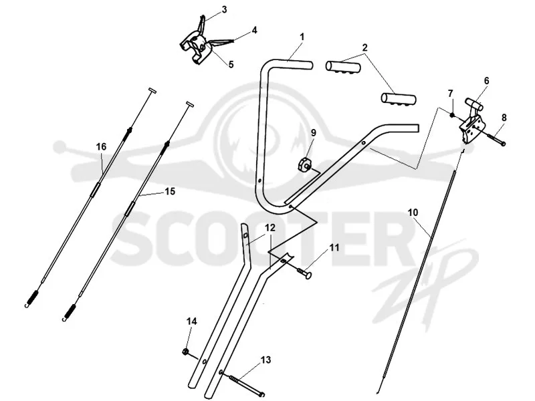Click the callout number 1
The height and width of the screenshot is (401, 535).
302,37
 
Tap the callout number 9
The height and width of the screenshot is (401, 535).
313,132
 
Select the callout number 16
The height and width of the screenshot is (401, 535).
101,146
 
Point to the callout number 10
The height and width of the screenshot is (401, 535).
413,213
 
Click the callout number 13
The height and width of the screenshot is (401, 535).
265,360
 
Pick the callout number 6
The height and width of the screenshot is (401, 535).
486,81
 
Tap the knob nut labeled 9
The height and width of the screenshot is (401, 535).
304,164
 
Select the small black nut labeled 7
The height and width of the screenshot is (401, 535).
452,115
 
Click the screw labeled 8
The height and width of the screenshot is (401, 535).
496,139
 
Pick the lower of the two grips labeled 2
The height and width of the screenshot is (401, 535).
399,99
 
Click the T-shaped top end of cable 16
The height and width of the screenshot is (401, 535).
152,91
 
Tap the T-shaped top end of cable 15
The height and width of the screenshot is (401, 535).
191,104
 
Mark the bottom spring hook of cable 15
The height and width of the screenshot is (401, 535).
69,313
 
